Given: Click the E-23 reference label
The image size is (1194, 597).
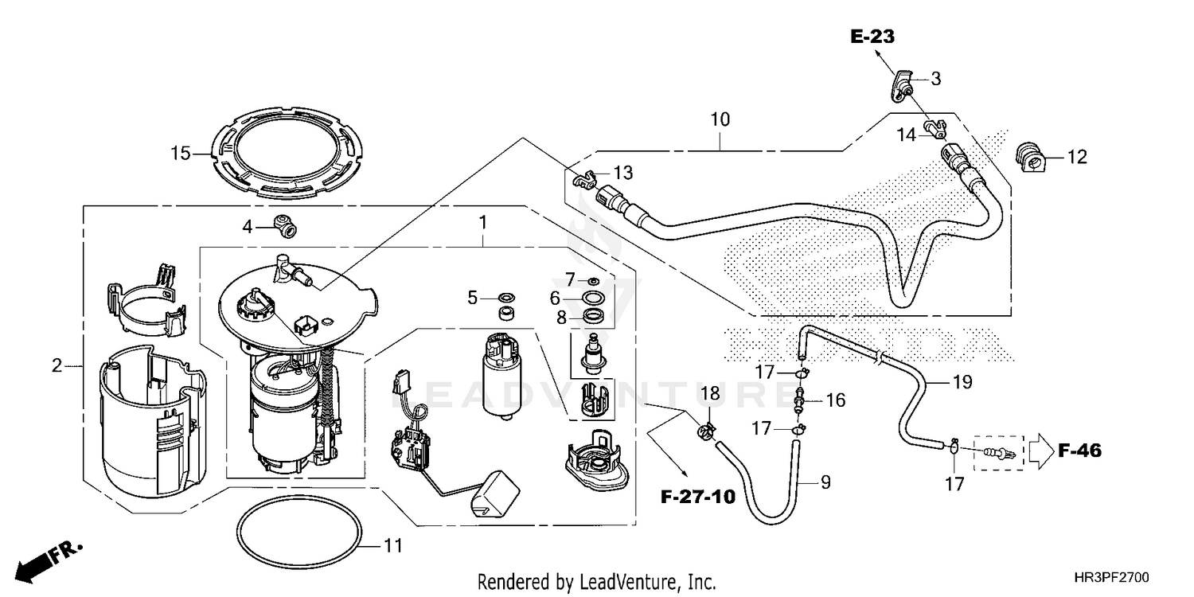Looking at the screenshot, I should click(872, 36).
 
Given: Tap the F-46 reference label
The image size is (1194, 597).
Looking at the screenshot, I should click(1079, 451).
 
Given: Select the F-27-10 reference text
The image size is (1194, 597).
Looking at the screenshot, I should click(698, 497).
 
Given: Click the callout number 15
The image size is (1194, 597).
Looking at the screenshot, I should click(181, 153).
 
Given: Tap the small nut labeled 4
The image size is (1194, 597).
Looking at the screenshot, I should click(283, 225).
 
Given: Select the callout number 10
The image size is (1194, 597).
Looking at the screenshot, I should click(720, 120).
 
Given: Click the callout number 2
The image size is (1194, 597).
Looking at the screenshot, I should click(57, 366).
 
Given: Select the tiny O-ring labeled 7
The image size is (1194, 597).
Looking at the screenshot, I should click(593, 281).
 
